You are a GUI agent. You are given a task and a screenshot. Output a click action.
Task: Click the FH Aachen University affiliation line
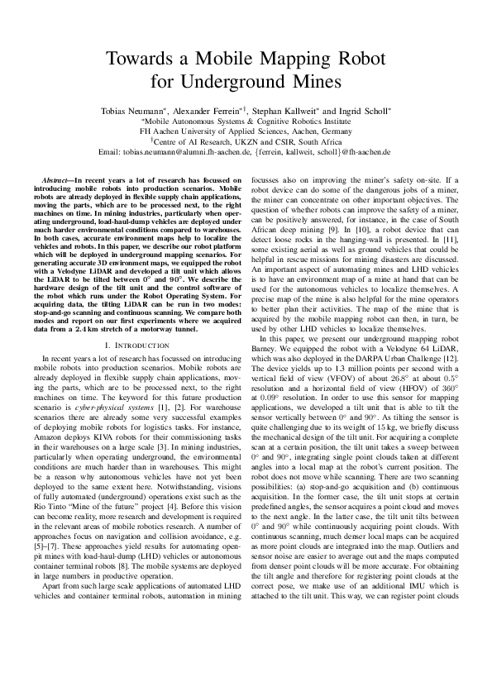pos(246,131)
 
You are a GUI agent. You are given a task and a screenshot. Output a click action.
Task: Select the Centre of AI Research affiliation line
pos(246,141)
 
